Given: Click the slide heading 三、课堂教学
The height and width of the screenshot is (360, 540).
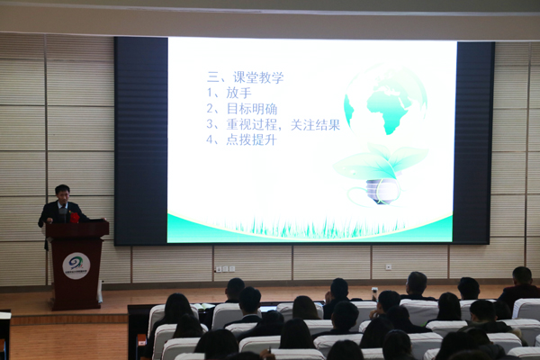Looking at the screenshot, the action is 245,77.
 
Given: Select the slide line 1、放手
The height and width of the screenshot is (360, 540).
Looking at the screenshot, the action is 229,93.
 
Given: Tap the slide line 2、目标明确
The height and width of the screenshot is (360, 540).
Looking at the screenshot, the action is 242,109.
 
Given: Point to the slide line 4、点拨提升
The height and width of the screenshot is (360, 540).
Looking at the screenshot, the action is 241,139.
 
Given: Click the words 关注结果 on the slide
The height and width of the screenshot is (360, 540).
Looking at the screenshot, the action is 315,125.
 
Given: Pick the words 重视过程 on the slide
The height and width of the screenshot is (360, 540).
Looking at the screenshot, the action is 251,125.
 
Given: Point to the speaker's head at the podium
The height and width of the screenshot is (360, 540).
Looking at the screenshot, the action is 62,193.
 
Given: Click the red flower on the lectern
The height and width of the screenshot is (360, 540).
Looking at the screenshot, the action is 75,218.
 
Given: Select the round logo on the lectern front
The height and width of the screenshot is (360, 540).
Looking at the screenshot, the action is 76,265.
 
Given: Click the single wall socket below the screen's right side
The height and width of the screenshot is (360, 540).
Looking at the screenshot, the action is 389,267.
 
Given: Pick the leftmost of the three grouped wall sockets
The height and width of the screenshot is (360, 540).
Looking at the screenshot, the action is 219,269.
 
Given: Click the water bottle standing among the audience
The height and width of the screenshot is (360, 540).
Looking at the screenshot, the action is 374,294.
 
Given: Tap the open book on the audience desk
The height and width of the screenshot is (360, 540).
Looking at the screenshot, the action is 203,306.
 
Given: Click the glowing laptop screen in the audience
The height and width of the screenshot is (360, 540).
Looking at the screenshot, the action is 268,309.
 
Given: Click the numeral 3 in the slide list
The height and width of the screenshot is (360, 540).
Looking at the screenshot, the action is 210,124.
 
